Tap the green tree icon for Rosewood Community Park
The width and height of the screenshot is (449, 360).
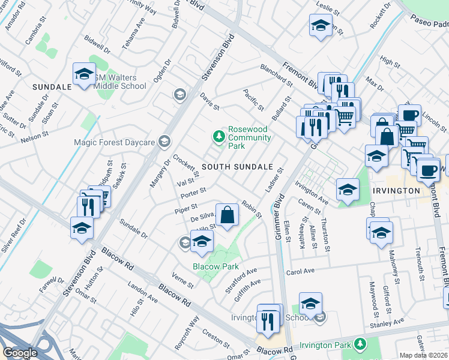click(219, 137)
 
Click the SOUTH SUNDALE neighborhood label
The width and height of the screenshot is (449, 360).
click(237, 166)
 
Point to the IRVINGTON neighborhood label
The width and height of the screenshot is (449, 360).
click(396, 190)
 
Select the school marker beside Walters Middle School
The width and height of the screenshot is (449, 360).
click(84, 75)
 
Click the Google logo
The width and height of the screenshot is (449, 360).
click(20, 353)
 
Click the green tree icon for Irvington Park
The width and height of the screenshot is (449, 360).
click(360, 344)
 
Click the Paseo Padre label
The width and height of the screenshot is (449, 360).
click(430, 23)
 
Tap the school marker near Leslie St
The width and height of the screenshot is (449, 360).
click(321, 26)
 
